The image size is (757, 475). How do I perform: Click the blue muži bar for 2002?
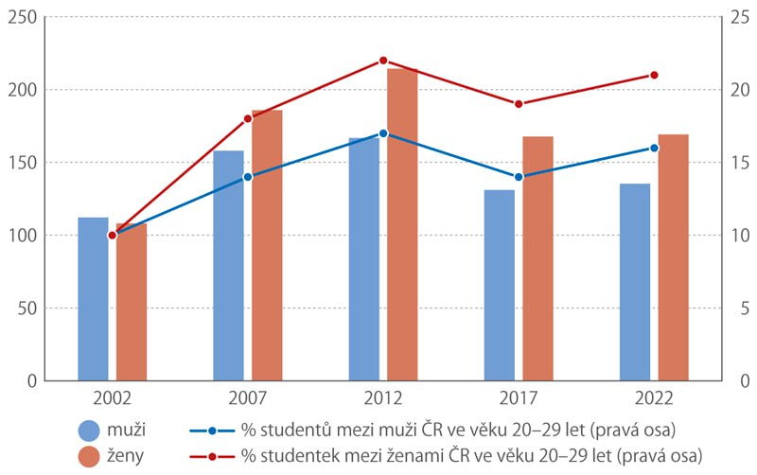93,299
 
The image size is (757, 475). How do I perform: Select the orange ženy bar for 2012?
402,224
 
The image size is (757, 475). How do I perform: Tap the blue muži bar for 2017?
500,286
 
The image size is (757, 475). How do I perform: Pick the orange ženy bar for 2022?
674,257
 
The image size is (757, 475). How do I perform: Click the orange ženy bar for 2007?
267,245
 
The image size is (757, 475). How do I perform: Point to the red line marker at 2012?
383,61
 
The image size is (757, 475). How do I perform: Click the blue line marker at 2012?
383,133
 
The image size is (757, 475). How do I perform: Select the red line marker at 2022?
654,75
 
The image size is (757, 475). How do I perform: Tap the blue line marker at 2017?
519,177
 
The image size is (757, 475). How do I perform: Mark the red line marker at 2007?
248,119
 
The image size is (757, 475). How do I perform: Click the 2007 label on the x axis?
248,398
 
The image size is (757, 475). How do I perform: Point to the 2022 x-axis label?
654,398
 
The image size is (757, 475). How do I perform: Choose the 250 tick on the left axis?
22,17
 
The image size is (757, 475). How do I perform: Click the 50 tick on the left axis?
27,308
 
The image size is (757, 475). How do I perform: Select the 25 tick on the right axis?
740,17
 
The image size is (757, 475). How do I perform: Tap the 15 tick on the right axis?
740,163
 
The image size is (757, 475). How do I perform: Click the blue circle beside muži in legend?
89,431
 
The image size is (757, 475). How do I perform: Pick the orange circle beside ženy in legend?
89,456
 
